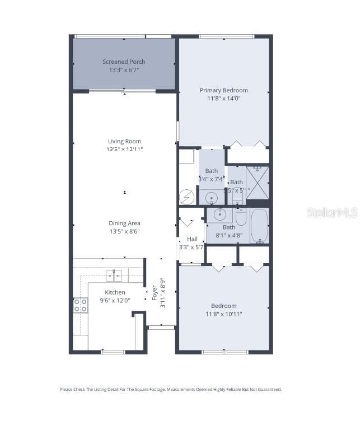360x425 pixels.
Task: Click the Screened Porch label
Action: (124, 62)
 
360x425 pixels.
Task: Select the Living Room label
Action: (124, 141)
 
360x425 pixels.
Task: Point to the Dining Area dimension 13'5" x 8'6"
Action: (124, 231)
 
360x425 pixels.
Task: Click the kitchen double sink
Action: (114, 274)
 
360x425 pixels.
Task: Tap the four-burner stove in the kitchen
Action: (81, 305)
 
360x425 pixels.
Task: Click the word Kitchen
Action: (115, 292)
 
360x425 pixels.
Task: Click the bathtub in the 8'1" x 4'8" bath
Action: (259, 226)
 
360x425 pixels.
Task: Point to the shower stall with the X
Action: (257, 183)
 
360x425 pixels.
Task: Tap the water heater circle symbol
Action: (187, 197)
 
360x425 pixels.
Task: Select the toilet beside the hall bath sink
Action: (241, 216)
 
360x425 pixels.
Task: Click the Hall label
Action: (192, 239)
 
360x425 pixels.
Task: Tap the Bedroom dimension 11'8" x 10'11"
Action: (223, 314)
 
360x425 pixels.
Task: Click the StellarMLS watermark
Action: (332, 212)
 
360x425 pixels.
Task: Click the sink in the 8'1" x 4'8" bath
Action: (220, 214)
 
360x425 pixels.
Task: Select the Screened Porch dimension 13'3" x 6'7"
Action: (124, 70)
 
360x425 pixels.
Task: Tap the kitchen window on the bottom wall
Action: (113, 352)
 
